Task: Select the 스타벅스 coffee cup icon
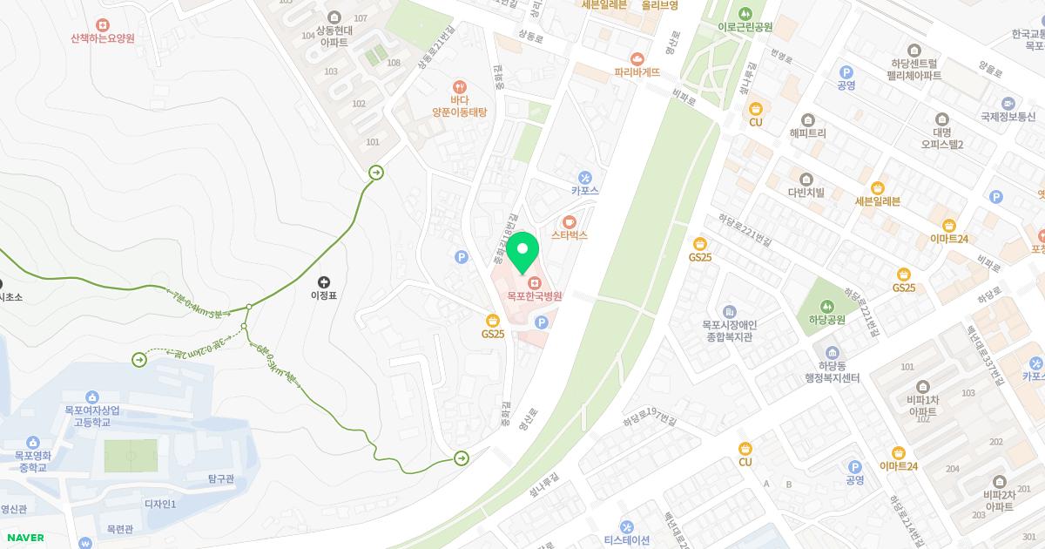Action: pyautogui.click(x=570, y=221)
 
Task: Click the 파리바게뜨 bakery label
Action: pyautogui.click(x=637, y=72)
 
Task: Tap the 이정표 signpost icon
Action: pyautogui.click(x=324, y=281)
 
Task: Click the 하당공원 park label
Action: pyautogui.click(x=826, y=320)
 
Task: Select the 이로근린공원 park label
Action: pyautogui.click(x=745, y=27)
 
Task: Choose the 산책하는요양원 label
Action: pyautogui.click(x=103, y=38)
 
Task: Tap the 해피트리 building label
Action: pyautogui.click(x=807, y=133)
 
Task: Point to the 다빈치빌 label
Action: pyautogui.click(x=806, y=193)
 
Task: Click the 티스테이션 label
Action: pyautogui.click(x=627, y=539)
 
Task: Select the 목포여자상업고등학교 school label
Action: pyautogui.click(x=92, y=416)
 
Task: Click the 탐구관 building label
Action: pyautogui.click(x=220, y=478)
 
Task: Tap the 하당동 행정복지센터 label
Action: pyautogui.click(x=833, y=372)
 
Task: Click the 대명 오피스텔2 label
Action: pyautogui.click(x=941, y=138)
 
